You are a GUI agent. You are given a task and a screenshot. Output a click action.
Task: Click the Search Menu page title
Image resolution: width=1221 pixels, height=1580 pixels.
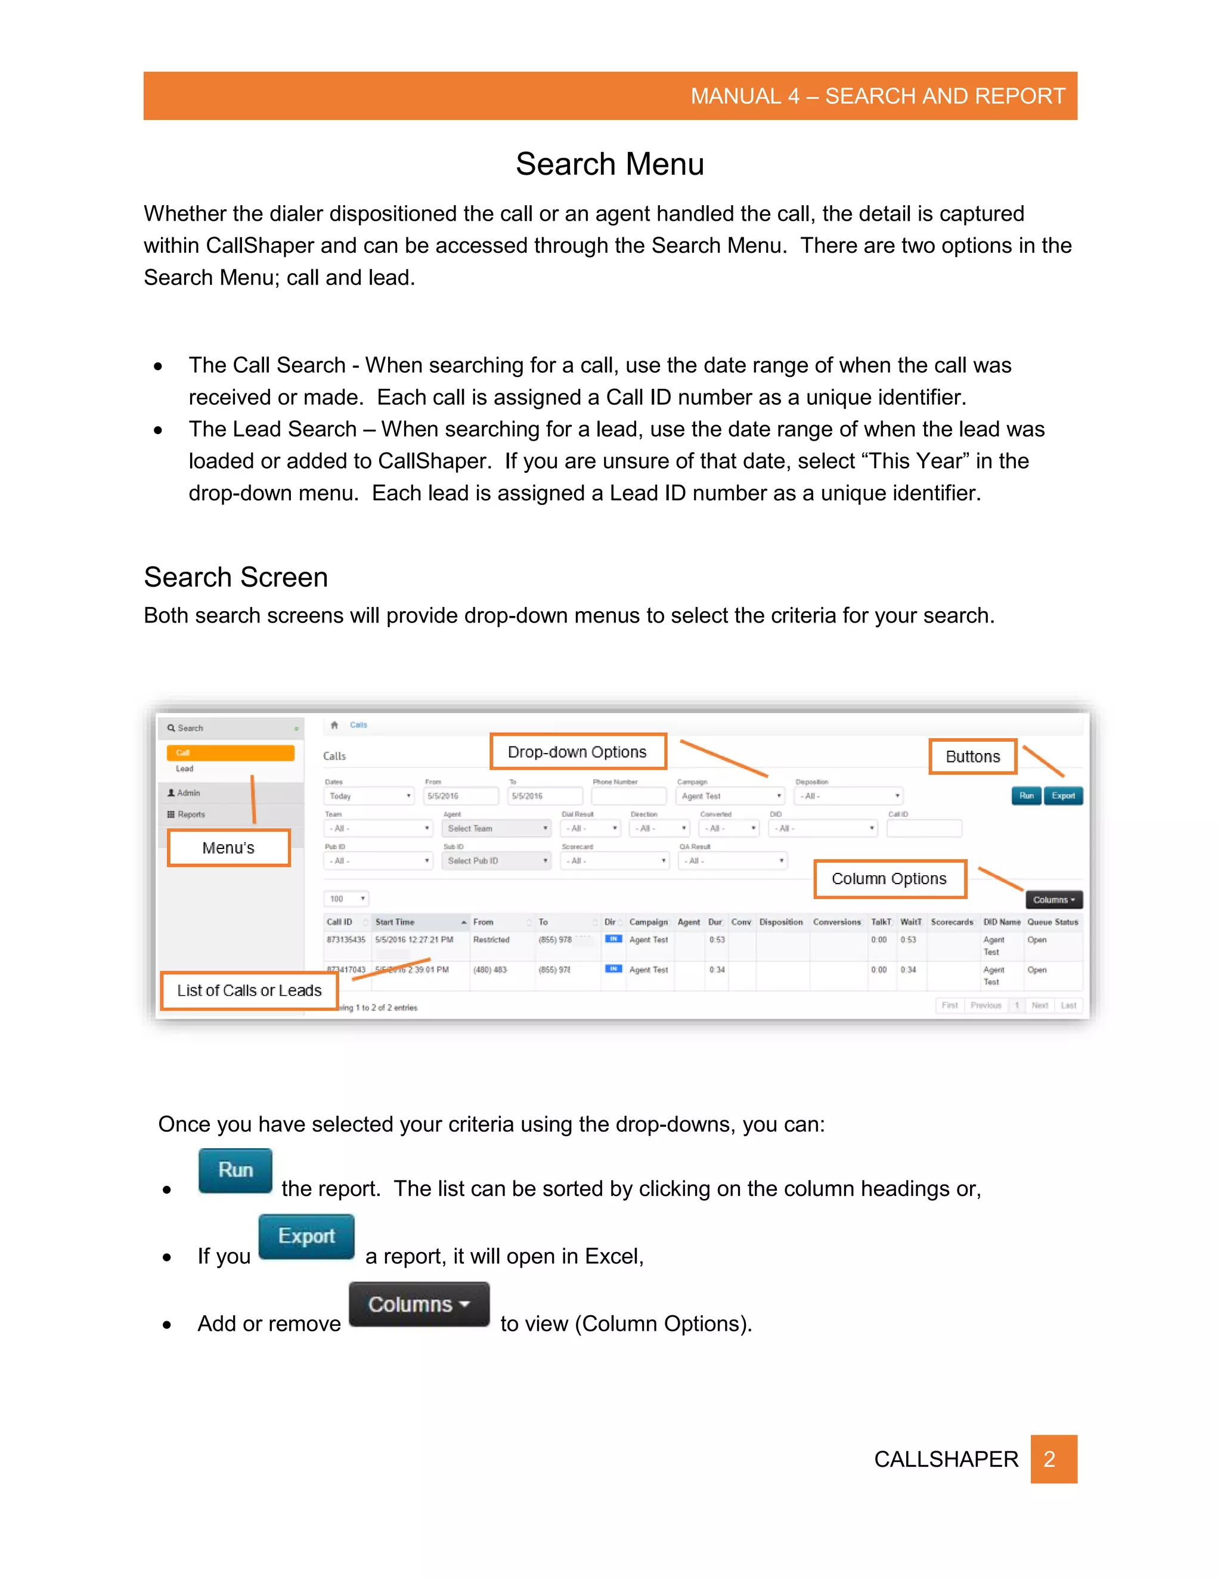tap(609, 164)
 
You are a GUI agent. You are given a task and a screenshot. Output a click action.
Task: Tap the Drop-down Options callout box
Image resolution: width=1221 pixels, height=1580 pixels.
tap(577, 752)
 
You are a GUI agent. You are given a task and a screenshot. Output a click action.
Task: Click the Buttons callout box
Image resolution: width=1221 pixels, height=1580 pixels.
tap(972, 757)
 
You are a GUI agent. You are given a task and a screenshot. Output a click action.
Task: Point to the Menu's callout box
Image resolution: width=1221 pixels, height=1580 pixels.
tap(228, 848)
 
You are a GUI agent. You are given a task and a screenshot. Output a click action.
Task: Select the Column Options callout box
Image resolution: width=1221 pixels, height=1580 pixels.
tap(889, 879)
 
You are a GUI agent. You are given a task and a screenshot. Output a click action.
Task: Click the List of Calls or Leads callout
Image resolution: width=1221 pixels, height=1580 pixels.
tap(249, 990)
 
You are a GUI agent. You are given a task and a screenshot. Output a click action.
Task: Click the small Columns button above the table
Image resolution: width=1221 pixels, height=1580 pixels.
tap(1053, 900)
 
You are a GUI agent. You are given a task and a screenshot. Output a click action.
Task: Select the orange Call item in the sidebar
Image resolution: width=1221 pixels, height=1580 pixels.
tap(230, 753)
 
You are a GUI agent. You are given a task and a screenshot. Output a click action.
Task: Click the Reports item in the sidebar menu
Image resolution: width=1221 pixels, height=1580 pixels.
tap(191, 814)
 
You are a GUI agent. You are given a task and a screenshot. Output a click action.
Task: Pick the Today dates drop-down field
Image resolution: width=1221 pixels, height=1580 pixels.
tap(369, 796)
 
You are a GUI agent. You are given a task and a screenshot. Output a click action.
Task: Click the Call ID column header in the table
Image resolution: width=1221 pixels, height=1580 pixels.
tap(339, 922)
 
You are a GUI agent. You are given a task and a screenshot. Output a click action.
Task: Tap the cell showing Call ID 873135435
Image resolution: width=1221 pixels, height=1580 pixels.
tap(346, 940)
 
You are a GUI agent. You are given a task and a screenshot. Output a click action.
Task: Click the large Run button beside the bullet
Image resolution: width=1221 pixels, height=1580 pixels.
tap(235, 1170)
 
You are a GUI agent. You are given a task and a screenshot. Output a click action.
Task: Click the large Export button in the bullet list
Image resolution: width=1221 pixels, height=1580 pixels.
tap(306, 1237)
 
